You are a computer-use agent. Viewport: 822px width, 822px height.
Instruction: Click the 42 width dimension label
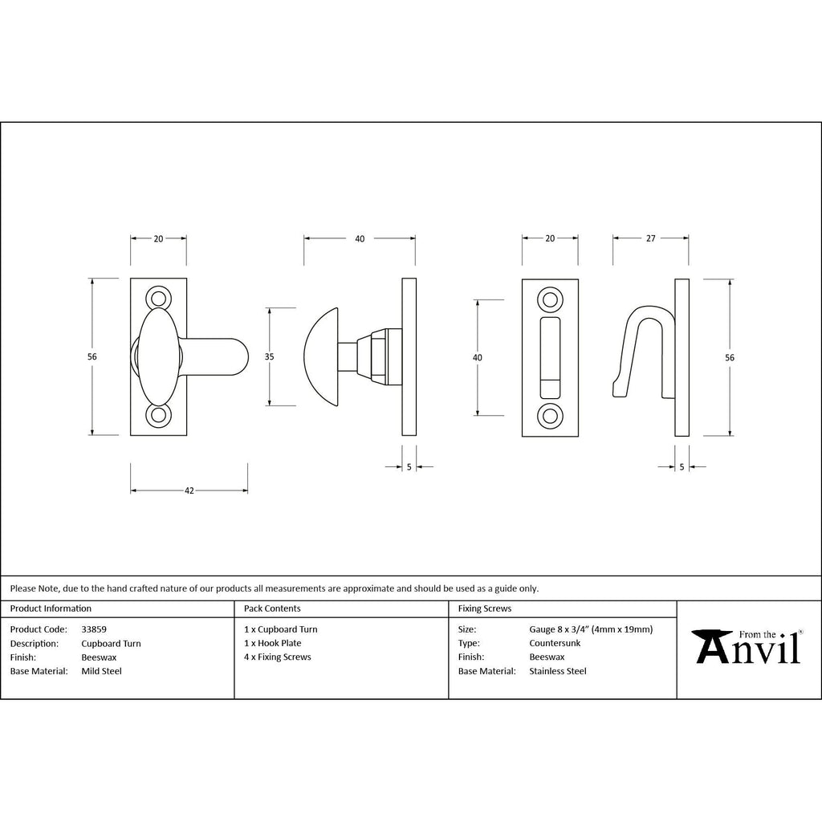pos(189,490)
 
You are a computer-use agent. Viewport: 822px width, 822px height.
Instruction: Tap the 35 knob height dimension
pos(269,356)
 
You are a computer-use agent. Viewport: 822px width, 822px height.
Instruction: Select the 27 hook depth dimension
pos(650,238)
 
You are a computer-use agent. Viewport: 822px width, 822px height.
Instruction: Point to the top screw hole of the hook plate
pos(550,300)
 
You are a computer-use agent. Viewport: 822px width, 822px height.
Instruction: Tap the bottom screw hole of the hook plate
pos(550,416)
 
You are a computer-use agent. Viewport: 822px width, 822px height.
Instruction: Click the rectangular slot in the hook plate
pos(550,358)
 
